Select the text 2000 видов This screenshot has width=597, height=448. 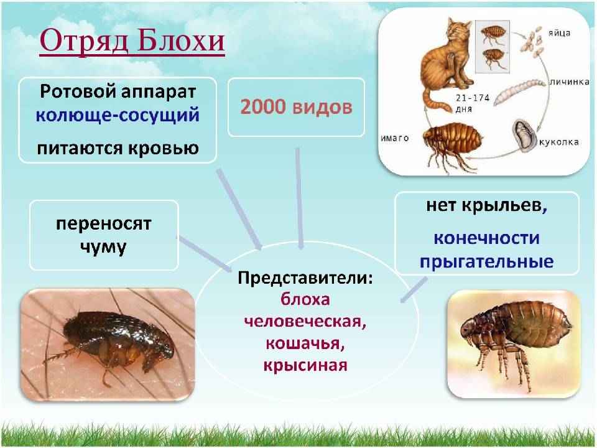point(296,107)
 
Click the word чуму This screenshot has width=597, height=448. point(103,247)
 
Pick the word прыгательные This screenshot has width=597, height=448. point(487,261)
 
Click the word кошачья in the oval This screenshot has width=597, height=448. point(305,343)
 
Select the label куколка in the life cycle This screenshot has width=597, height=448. point(558,142)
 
